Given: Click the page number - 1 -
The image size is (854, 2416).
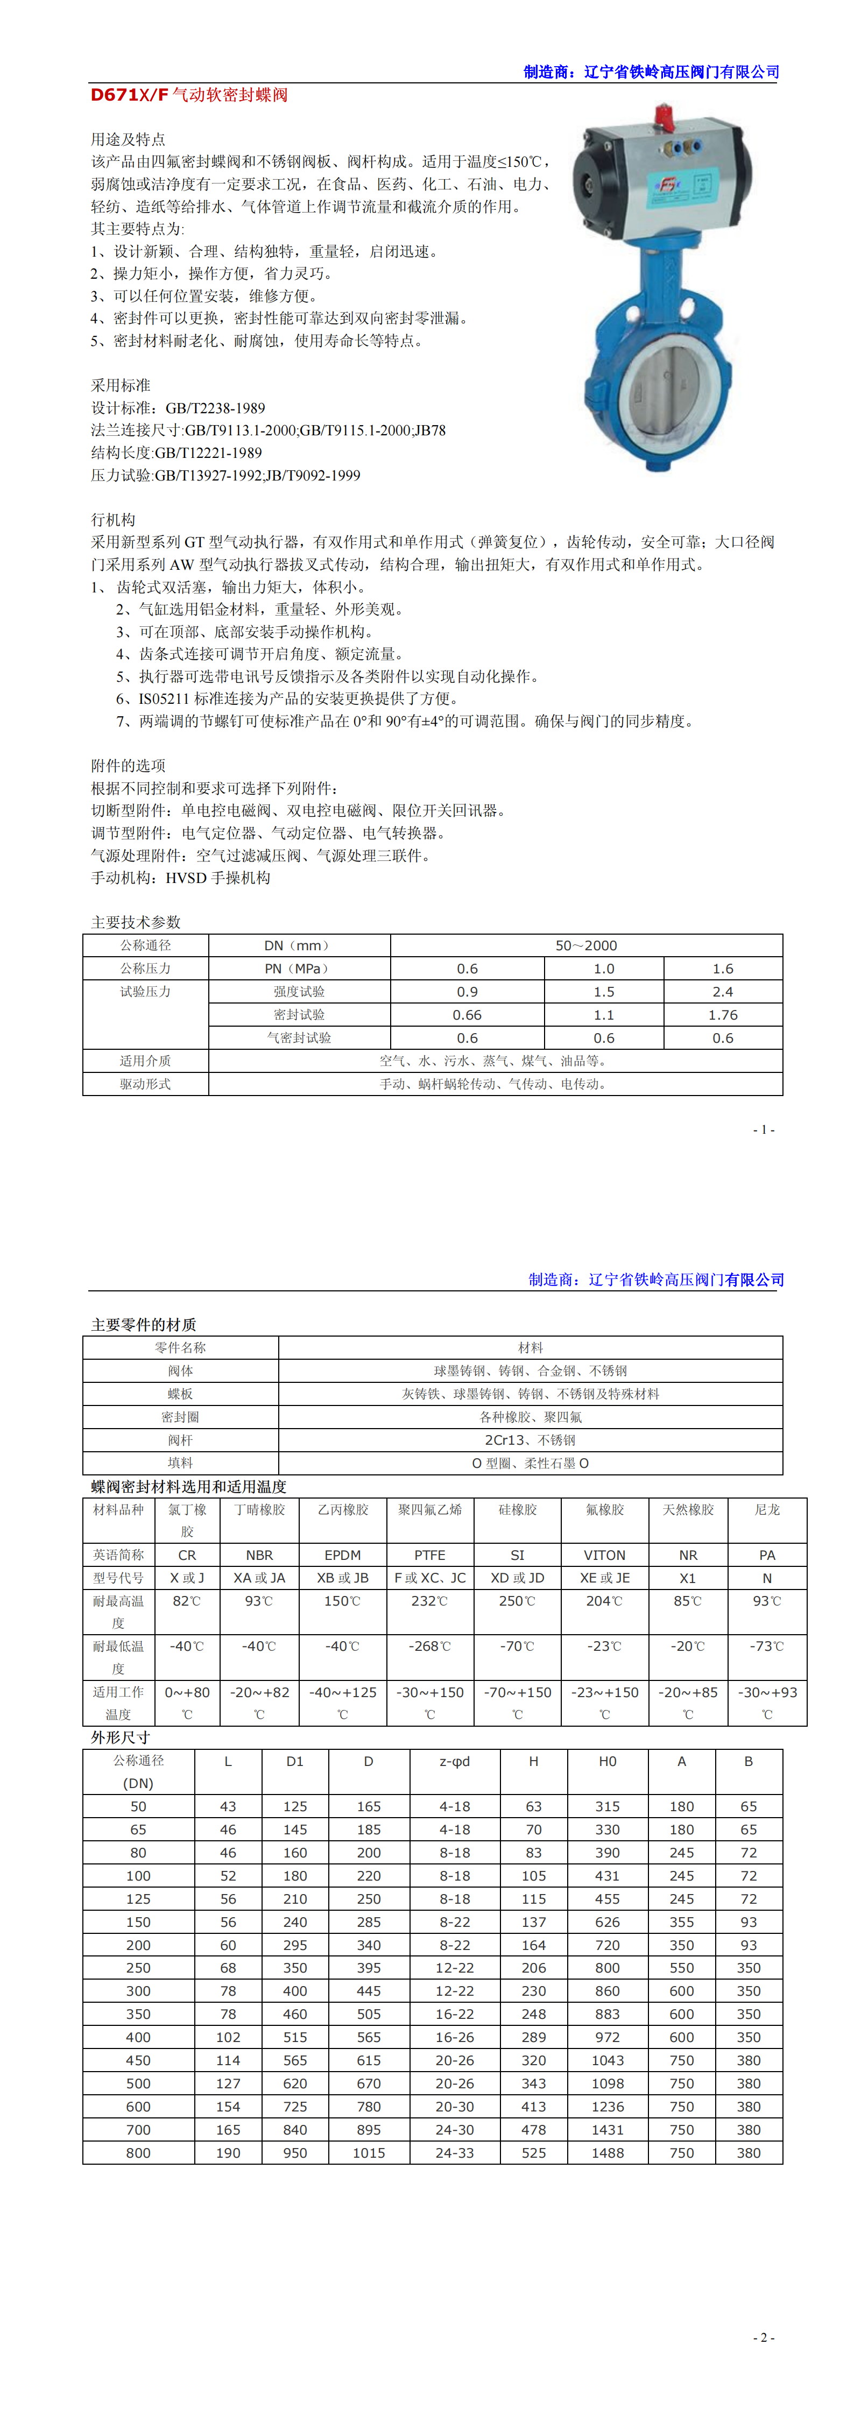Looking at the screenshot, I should pyautogui.click(x=764, y=1129).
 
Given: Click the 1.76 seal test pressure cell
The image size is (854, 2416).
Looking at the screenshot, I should pyautogui.click(x=723, y=1015).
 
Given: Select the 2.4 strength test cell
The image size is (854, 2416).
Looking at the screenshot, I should pyautogui.click(x=723, y=991).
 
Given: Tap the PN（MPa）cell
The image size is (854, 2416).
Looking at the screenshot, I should pyautogui.click(x=299, y=969).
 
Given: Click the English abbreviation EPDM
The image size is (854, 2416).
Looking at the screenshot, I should pyautogui.click(x=343, y=1555).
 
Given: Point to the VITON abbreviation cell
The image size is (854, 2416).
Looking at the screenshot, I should pyautogui.click(x=604, y=1555).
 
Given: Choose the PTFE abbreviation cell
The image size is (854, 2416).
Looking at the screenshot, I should pyautogui.click(x=430, y=1555).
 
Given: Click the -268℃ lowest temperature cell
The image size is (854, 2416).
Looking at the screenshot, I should pyautogui.click(x=430, y=1646).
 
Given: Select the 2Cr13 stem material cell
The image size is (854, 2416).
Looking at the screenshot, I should pyautogui.click(x=530, y=1440).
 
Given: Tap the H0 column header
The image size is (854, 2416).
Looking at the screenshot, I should pyautogui.click(x=607, y=1761).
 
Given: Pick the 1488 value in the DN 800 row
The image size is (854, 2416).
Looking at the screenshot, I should pyautogui.click(x=607, y=2153).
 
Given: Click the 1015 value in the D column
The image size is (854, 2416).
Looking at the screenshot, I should pyautogui.click(x=369, y=2153).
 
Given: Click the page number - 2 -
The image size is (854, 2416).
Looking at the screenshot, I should pyautogui.click(x=764, y=2337).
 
